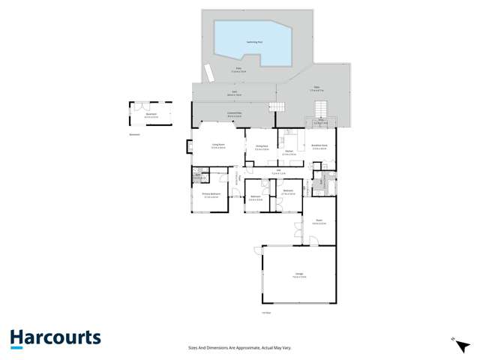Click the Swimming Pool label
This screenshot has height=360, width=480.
pos(254,42)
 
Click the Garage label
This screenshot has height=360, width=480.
pos(299,276)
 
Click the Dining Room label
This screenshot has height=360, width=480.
pos(261,148)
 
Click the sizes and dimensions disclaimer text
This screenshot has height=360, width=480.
pos(239,347)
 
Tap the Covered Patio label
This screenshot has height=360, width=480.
pos(234,114)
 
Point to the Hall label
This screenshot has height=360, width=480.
pos(278,172)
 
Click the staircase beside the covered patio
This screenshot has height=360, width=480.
pos(277,107)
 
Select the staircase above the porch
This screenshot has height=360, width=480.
pos(322,108)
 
